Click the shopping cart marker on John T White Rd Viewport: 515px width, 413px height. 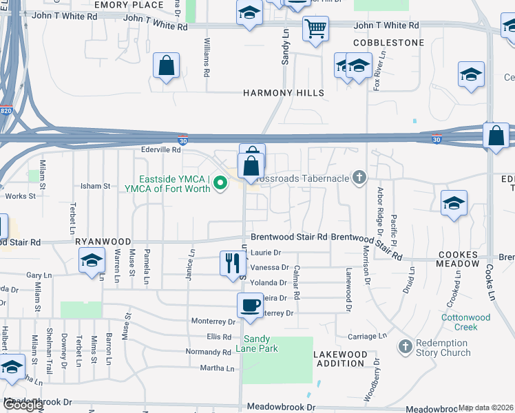315,29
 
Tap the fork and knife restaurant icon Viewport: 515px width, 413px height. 232,263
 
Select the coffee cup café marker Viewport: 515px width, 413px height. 249,304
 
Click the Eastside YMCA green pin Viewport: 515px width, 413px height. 220,183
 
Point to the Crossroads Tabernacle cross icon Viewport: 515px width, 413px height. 358,178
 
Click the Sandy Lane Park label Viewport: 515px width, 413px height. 261,343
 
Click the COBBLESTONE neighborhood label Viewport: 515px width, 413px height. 388,43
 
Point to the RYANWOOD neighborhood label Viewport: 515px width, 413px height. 103,242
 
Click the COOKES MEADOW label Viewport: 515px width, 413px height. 458,259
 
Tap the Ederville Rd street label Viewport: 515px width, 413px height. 160,149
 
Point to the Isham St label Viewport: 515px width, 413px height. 96,186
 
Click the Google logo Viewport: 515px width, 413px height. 23,405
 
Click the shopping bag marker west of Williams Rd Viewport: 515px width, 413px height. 166,66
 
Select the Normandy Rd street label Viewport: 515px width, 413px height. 209,352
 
